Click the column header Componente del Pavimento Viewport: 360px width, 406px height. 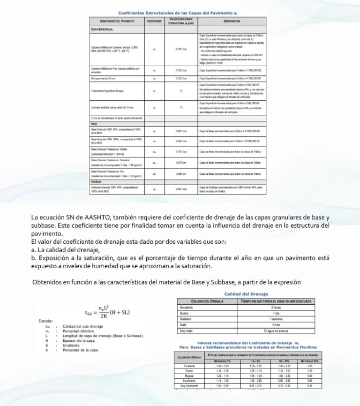(117, 22)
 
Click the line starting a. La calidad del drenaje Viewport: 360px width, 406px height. (64, 250)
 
